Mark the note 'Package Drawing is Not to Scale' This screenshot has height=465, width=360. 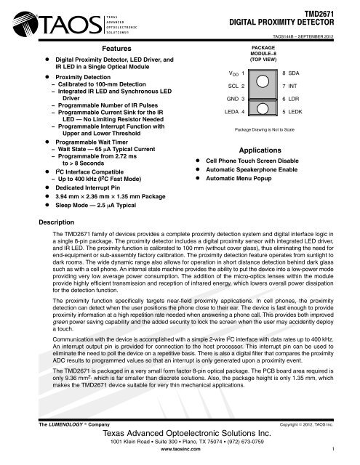[258, 129]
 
